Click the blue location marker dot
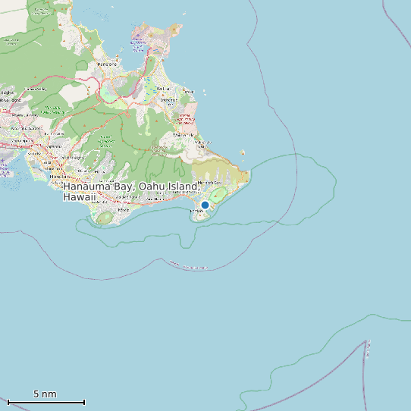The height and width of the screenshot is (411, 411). pos(205,205)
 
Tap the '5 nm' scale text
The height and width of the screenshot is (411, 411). pos(45,394)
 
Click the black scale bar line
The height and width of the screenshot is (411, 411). pos(45,402)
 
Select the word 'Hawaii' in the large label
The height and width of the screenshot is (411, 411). pos(80,197)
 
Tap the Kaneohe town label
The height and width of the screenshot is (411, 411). pos(107,64)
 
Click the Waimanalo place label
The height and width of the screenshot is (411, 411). pos(184,135)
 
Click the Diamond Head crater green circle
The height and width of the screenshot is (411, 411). pos(105,218)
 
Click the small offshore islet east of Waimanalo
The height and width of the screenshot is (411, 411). pos(243,152)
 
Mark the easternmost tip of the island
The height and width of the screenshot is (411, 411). pos(248,180)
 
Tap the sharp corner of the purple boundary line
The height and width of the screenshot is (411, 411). pos(367,341)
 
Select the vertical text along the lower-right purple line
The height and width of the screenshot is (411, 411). pos(369,350)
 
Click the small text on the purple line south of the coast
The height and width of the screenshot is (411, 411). pos(188,267)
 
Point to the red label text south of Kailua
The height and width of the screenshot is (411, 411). pos(184,117)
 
